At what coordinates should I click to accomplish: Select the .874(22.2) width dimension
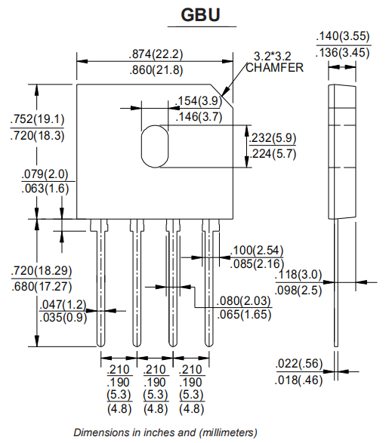pyautogui.click(x=156, y=54)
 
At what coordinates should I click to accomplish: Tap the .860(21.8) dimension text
pyautogui.click(x=156, y=69)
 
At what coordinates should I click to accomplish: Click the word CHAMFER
pyautogui.click(x=274, y=67)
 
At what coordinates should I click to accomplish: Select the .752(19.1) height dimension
pyautogui.click(x=38, y=119)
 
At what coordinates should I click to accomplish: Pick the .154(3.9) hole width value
pyautogui.click(x=198, y=101)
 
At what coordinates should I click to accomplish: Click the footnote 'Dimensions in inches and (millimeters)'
pyautogui.click(x=165, y=432)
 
